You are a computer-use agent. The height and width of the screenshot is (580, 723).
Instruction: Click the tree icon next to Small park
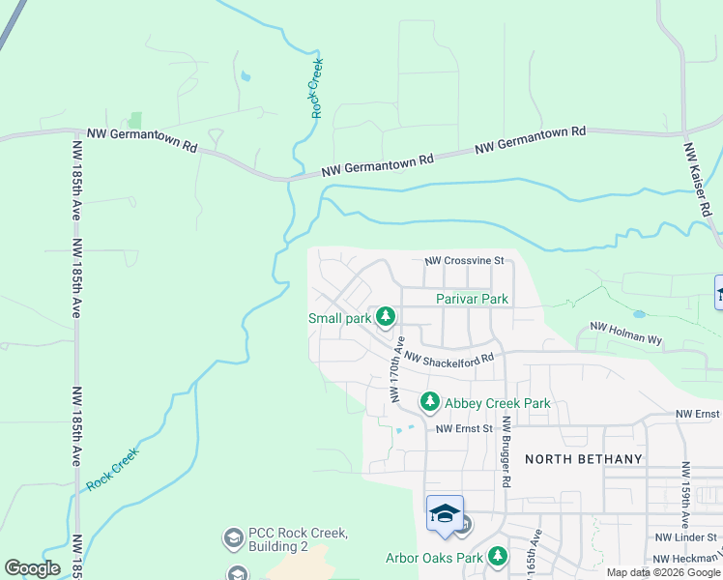(386, 317)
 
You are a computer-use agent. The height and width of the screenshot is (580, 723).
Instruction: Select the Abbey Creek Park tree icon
(429, 401)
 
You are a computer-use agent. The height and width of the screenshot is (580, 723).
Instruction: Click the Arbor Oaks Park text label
(434, 558)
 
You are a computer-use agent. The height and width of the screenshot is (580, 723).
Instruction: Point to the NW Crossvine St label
(465, 261)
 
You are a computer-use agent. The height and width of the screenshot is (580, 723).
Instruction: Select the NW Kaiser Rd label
(697, 180)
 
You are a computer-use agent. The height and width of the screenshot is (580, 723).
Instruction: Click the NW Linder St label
(685, 536)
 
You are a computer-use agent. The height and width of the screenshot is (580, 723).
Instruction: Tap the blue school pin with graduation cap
(445, 513)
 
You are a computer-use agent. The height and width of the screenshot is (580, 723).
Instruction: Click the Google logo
(32, 568)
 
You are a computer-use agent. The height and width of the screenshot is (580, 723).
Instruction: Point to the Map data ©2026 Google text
(662, 572)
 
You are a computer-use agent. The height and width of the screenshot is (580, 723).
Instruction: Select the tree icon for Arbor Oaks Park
(498, 557)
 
